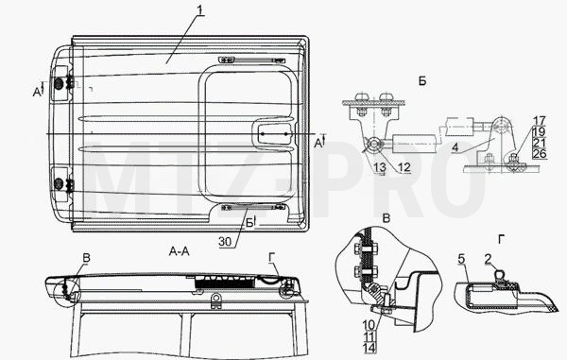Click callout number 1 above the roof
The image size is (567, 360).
point(201,9)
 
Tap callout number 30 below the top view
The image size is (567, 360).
point(225,242)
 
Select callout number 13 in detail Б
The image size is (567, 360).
point(380,167)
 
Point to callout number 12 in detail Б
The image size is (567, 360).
point(404,167)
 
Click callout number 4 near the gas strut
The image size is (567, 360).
point(455,147)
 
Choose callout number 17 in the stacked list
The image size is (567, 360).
point(540,120)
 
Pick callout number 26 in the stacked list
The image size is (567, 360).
point(540,154)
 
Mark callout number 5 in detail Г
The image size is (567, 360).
point(461,259)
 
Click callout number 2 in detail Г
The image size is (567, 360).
point(489,259)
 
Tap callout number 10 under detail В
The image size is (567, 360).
point(369,325)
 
